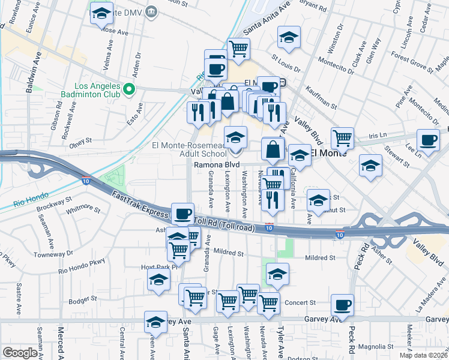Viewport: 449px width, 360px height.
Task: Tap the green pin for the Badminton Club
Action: pyautogui.click(x=128, y=90)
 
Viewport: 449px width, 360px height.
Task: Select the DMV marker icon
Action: pyautogui.click(x=151, y=11)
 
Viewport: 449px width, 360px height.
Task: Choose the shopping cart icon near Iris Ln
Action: pyautogui.click(x=342, y=138)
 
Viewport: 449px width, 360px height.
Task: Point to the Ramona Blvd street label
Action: pyautogui.click(x=217, y=164)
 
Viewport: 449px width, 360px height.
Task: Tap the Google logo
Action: pyautogui.click(x=20, y=353)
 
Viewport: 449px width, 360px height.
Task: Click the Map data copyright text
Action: pyautogui.click(x=424, y=355)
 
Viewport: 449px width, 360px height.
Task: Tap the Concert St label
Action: pyautogui.click(x=300, y=302)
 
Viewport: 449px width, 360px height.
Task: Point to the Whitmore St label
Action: pyautogui.click(x=83, y=209)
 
